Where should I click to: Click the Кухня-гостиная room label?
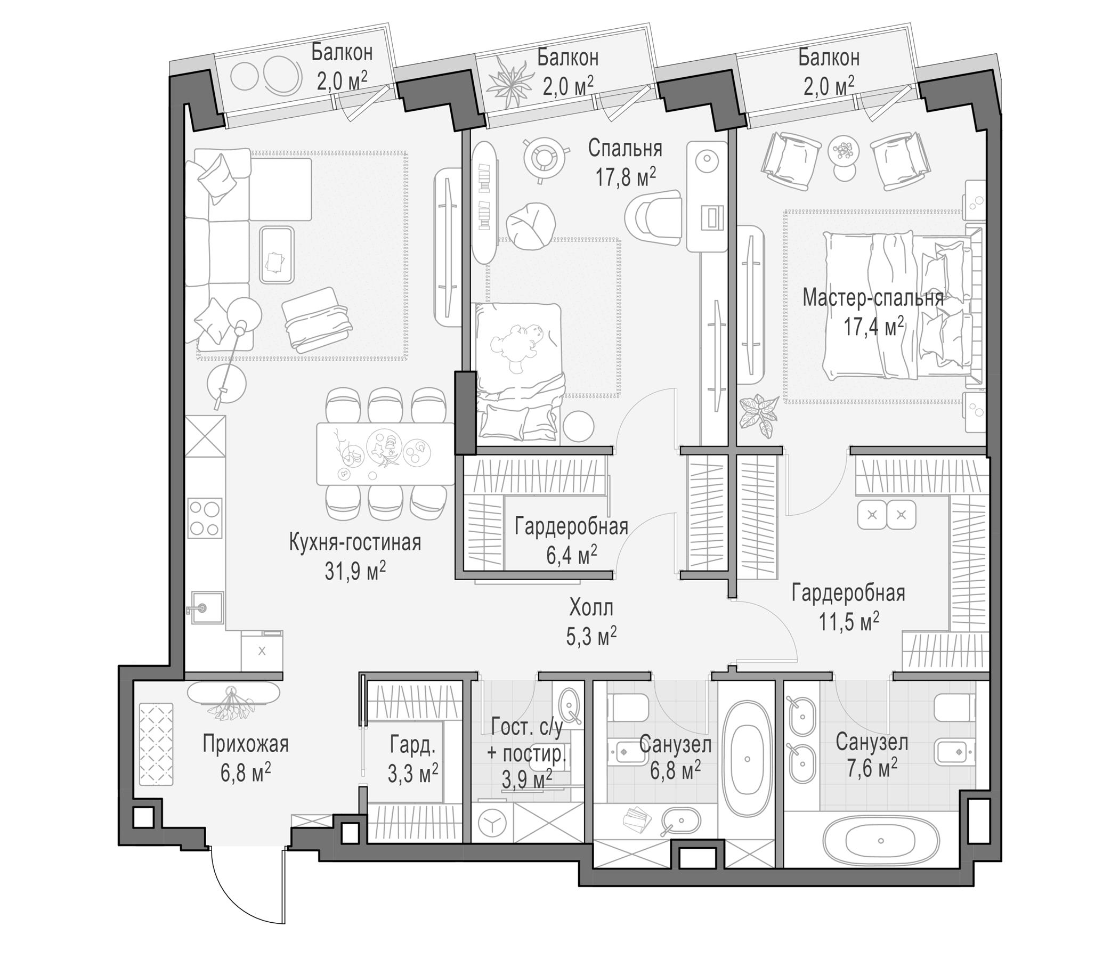point(355,543)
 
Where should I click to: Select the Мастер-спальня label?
point(873,297)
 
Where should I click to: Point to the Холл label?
point(591,608)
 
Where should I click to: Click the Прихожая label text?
point(246,744)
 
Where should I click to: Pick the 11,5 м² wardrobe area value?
point(849,622)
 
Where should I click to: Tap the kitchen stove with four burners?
point(205,518)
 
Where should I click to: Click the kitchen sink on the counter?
point(205,607)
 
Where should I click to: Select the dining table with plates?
point(385,453)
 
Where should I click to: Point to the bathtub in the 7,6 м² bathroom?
point(880,841)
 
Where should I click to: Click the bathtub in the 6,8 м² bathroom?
point(748,759)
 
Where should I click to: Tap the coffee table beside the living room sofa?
point(277,255)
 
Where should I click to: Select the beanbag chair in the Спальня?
point(530,225)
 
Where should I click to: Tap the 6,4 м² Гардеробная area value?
point(572,554)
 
